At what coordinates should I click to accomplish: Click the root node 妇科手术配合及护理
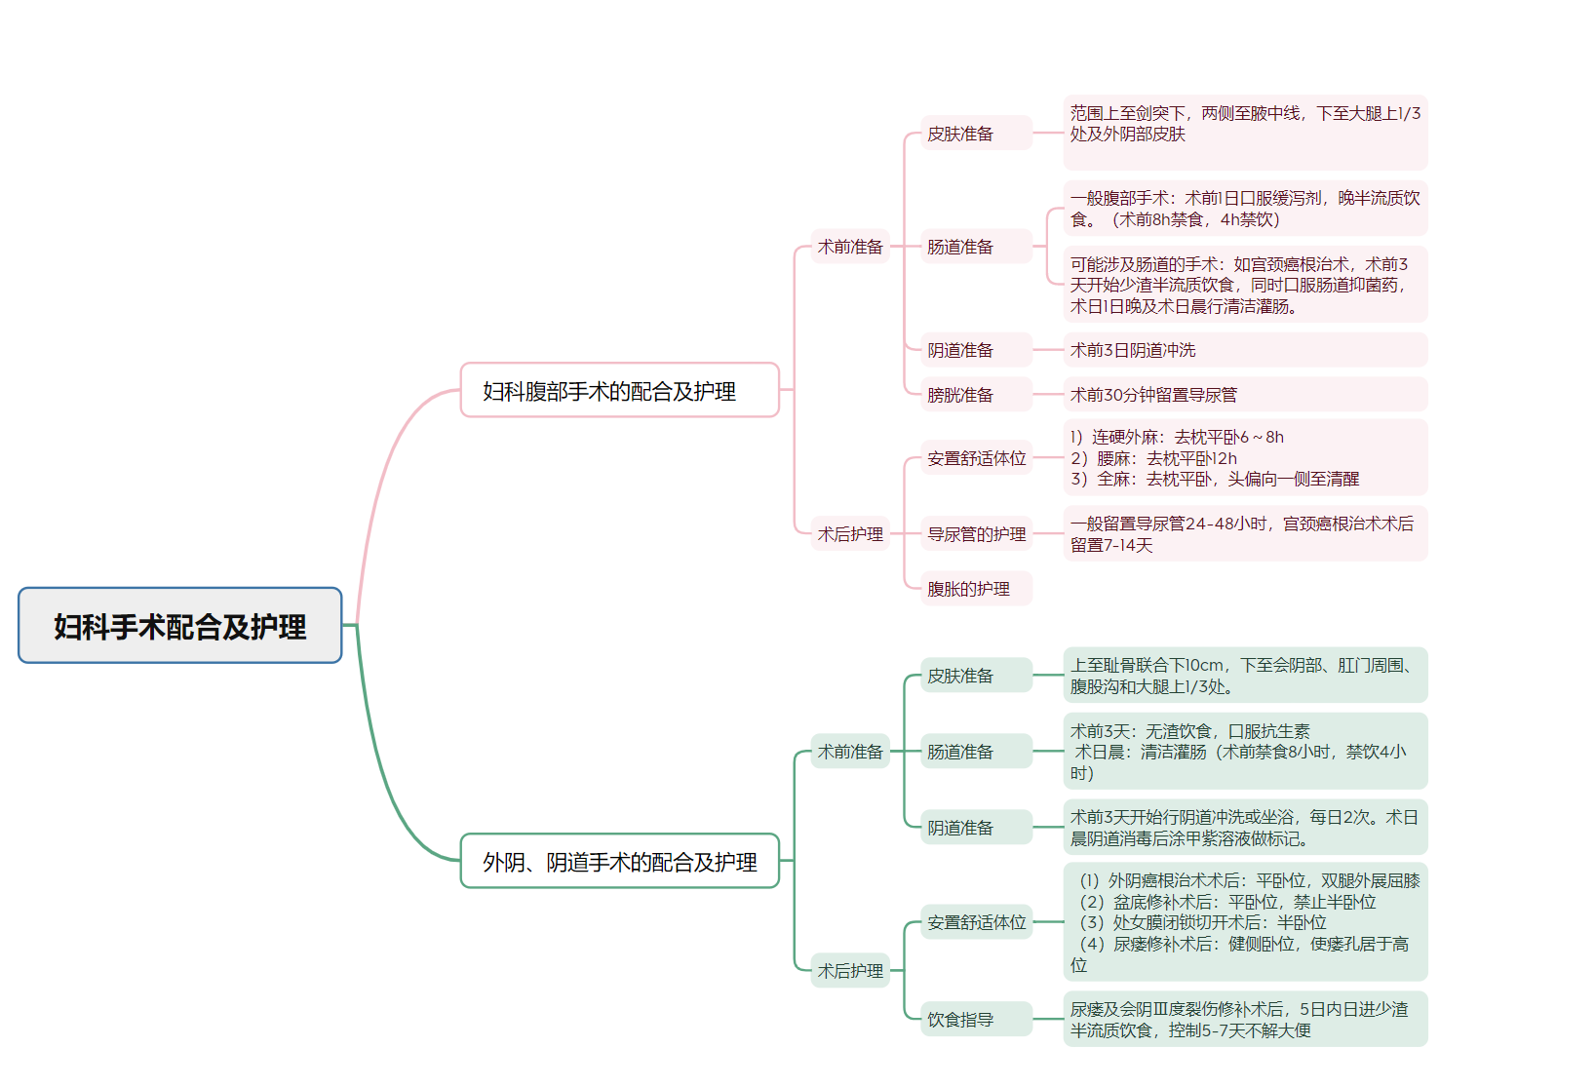point(179,626)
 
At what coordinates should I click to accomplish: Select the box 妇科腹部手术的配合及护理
point(619,391)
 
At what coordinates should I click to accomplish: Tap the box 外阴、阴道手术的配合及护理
point(619,861)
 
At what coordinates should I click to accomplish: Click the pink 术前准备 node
point(850,247)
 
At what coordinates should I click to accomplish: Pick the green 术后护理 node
point(850,970)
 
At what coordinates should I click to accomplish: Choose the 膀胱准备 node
point(975,395)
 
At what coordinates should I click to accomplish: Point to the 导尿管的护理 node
point(976,534)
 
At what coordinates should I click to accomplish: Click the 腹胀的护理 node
point(975,589)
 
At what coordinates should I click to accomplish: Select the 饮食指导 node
point(975,1020)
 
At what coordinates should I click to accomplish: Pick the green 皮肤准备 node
point(975,676)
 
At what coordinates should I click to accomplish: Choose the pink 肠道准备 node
point(975,247)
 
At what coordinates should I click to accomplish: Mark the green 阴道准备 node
point(975,828)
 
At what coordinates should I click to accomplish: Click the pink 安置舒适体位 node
point(976,458)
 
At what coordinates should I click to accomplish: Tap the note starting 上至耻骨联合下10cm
point(1244,676)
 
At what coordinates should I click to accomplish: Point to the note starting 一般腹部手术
point(1244,209)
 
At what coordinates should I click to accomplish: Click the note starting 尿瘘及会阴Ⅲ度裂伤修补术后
point(1244,1020)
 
